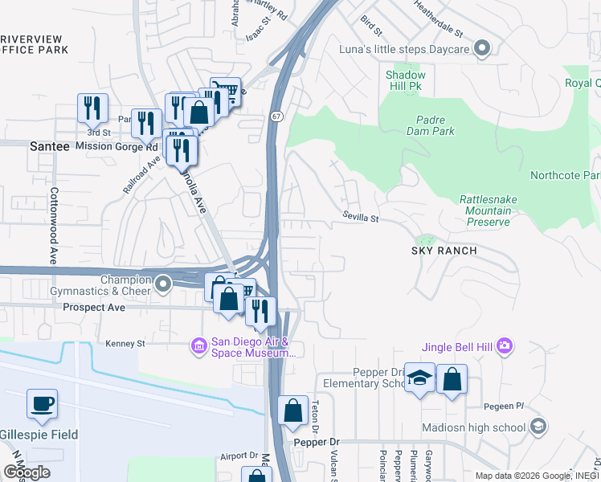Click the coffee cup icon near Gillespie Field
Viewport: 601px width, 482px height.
[42, 404]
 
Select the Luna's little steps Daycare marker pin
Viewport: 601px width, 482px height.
[482, 49]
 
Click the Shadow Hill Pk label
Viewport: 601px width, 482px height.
[405, 81]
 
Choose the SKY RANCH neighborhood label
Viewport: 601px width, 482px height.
[444, 251]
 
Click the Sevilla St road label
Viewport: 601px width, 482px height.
[359, 217]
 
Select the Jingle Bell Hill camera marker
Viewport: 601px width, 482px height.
[504, 346]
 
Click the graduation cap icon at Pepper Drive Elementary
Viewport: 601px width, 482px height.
[419, 378]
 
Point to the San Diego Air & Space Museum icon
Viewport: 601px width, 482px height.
[198, 346]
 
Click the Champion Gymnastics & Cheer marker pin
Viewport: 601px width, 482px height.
[163, 284]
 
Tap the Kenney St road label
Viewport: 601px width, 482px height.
[125, 344]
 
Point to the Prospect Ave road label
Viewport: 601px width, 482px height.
[95, 308]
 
